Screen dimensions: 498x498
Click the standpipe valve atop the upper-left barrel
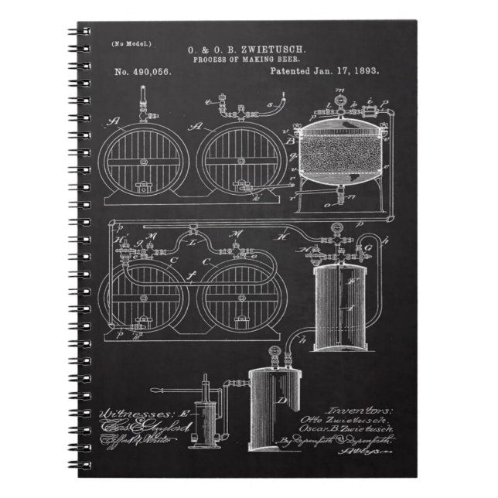tap(142, 104)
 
